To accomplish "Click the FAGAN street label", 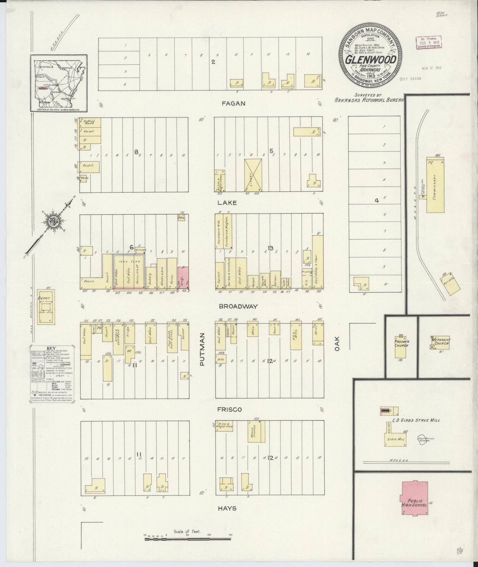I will [234, 104].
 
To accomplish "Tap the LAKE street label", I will [227, 203].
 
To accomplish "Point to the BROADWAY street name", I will [238, 307].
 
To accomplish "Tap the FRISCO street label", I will [230, 409].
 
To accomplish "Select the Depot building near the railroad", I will [45, 308].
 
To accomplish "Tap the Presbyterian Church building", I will [402, 347].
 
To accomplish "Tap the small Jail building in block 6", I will [181, 218].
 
